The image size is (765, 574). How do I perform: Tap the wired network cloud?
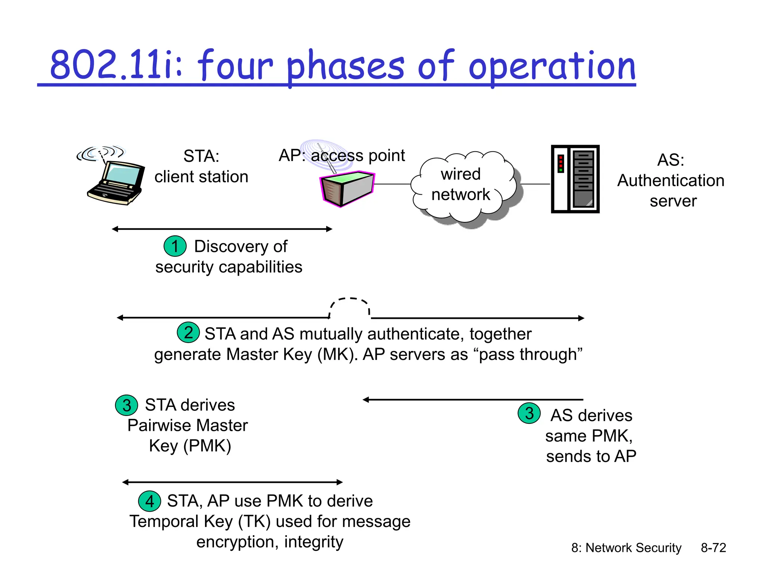(x=463, y=185)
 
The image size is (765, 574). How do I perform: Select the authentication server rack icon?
(x=575, y=179)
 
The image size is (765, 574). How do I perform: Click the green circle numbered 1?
(x=175, y=246)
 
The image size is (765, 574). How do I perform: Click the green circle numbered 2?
(x=188, y=333)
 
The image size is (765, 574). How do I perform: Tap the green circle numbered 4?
(x=149, y=501)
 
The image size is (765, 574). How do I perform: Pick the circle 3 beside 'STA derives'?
(x=127, y=405)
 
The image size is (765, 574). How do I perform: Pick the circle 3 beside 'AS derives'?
(x=529, y=413)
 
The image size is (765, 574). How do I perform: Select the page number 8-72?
(x=713, y=548)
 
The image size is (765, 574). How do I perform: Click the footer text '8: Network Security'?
(x=626, y=548)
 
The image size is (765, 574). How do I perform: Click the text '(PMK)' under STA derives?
(x=207, y=446)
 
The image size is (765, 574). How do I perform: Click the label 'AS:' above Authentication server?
(x=670, y=160)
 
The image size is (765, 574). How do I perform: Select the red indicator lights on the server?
(x=560, y=164)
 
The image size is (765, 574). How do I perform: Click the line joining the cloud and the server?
(x=535, y=184)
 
